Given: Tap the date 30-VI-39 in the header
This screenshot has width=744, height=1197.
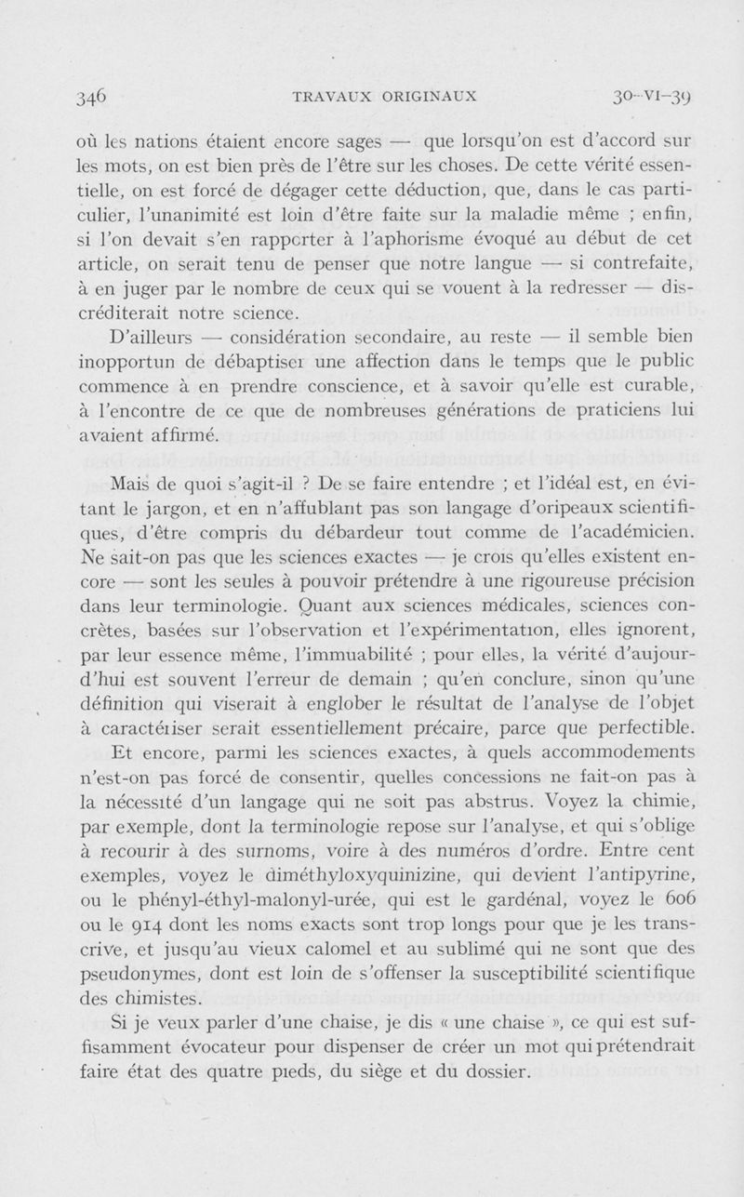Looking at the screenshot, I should pyautogui.click(x=645, y=96).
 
